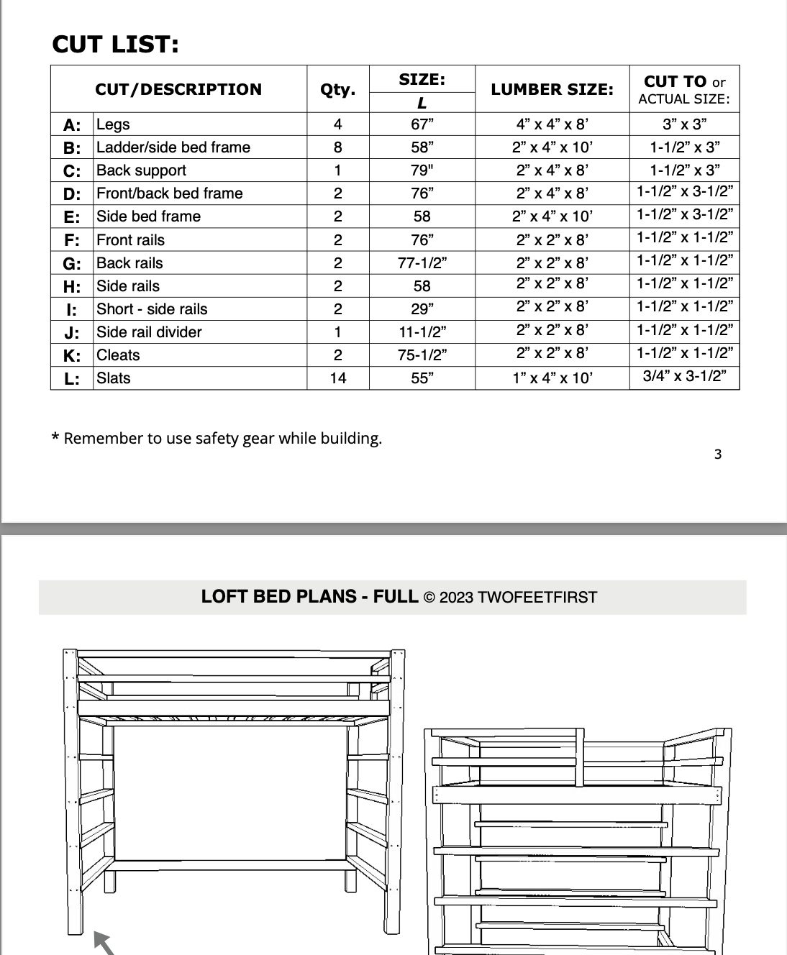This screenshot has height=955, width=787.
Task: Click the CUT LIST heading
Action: (115, 45)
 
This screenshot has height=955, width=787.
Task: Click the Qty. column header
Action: (337, 89)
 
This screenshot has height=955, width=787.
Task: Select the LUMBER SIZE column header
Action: (552, 89)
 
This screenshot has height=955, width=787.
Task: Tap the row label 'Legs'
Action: (113, 124)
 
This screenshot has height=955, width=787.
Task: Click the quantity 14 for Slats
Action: (337, 378)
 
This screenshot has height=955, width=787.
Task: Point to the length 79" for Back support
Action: (422, 170)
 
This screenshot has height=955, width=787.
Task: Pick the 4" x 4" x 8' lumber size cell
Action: (552, 124)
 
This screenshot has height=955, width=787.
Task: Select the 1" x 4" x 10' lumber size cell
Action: (552, 378)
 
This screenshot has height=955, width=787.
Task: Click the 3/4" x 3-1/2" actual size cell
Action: (684, 375)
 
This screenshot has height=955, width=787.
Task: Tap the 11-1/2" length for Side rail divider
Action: (422, 332)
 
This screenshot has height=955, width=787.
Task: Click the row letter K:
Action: (72, 355)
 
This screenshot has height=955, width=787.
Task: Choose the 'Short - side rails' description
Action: (152, 309)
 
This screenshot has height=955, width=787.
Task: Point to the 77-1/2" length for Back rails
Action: (422, 262)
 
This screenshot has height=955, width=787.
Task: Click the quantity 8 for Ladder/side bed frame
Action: (337, 147)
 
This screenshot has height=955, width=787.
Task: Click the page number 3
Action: (717, 454)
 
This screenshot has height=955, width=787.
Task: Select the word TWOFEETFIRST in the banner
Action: (537, 598)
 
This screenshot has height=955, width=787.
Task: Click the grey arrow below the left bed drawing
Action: (104, 943)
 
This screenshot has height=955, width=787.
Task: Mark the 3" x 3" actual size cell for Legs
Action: (684, 124)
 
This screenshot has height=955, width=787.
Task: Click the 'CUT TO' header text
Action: (675, 81)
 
